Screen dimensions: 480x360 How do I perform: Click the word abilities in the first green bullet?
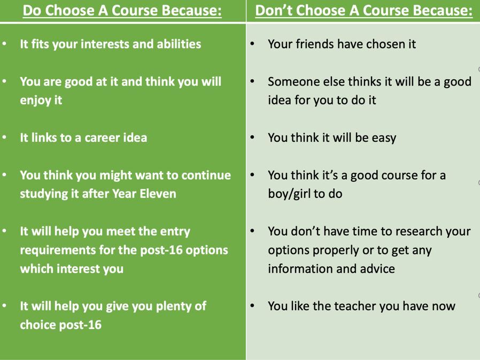coord(179,44)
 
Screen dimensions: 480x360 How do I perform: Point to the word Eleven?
coord(158,194)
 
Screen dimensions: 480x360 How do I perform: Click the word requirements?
coord(58,250)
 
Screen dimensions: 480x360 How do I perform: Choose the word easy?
coord(384,138)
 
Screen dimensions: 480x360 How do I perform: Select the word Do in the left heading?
coord(32,10)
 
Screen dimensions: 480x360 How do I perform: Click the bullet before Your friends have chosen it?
coord(252,44)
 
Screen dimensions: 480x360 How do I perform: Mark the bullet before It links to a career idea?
coord(4,137)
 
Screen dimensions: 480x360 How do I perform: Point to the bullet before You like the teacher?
coord(252,306)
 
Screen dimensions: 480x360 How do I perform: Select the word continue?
coord(206,175)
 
